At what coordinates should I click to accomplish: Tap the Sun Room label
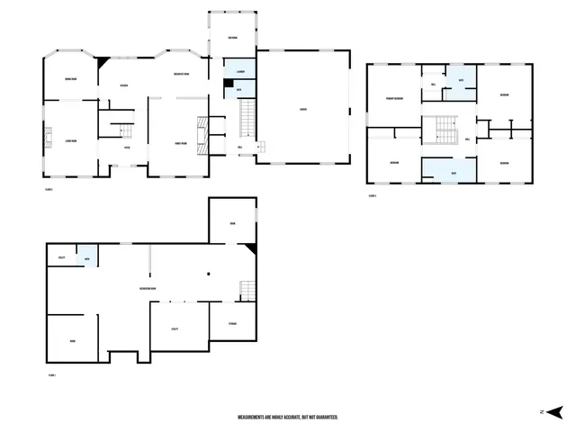pyautogui.click(x=233, y=38)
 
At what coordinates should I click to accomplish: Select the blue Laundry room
pyautogui.click(x=239, y=70)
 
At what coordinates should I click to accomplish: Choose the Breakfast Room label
pyautogui.click(x=180, y=75)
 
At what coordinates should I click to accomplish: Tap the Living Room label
pyautogui.click(x=70, y=141)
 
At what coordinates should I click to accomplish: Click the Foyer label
pyautogui.click(x=128, y=148)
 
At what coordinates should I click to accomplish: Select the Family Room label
pyautogui.click(x=180, y=143)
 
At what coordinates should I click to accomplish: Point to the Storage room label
pyautogui.click(x=232, y=323)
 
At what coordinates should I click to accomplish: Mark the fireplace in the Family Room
pyautogui.click(x=203, y=132)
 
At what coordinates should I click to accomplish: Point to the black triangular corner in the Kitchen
pyautogui.click(x=104, y=61)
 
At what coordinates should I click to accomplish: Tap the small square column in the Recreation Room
pyautogui.click(x=208, y=274)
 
